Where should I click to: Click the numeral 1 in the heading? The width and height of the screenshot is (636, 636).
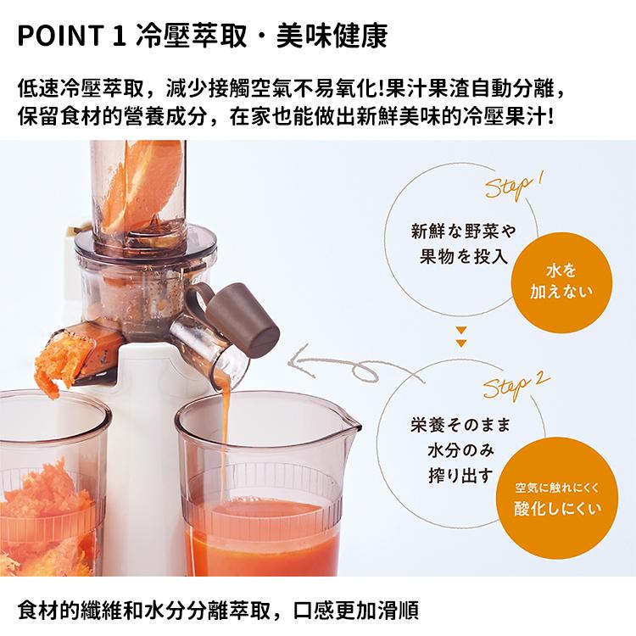click(x=119, y=36)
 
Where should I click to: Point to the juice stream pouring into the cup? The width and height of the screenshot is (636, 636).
click(x=226, y=441)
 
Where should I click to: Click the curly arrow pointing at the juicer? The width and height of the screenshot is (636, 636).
click(x=335, y=365)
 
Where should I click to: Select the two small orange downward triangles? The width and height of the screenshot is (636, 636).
click(x=460, y=337)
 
